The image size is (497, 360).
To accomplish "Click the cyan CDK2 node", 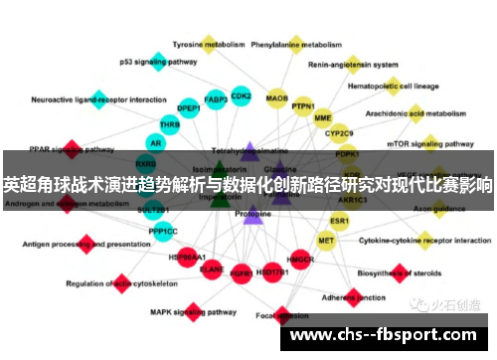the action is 241,95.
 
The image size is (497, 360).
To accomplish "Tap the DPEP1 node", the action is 189,108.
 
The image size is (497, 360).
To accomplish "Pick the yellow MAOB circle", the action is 277,98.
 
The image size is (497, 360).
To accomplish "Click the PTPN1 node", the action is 303,106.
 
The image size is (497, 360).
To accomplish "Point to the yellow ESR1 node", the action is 340,220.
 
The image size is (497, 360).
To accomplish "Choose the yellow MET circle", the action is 326,240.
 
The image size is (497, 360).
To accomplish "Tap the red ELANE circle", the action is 212,268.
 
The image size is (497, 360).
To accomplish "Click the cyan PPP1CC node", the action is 163,232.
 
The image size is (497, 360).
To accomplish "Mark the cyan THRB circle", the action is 170,125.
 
